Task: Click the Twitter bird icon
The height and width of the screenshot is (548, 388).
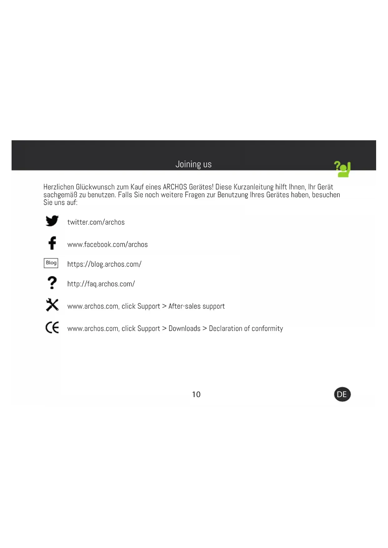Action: [52, 221]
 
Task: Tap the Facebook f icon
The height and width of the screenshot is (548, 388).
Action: [52, 243]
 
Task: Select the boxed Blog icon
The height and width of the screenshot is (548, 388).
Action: [51, 263]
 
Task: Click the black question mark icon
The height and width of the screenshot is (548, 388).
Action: [52, 282]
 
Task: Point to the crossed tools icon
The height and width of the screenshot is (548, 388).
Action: [52, 305]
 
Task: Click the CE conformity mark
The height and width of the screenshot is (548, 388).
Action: [52, 327]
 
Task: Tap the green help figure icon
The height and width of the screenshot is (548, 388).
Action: [343, 169]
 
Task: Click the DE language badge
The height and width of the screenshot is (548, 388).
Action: [342, 394]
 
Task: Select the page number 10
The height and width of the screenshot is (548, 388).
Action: [196, 394]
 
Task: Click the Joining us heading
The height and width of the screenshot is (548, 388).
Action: [194, 164]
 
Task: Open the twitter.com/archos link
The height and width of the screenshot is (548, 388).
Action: [96, 222]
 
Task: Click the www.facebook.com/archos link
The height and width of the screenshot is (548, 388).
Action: [108, 244]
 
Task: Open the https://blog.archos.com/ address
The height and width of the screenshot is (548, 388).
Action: [104, 264]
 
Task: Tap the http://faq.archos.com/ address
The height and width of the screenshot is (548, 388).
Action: [101, 284]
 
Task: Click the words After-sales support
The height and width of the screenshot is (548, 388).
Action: [196, 306]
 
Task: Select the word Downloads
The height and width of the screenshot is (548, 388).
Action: [184, 328]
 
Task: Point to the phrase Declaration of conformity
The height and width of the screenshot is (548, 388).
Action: [246, 328]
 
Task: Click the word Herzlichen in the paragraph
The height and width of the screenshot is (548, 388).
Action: [58, 187]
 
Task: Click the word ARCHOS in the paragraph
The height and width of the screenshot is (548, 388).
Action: [175, 187]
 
